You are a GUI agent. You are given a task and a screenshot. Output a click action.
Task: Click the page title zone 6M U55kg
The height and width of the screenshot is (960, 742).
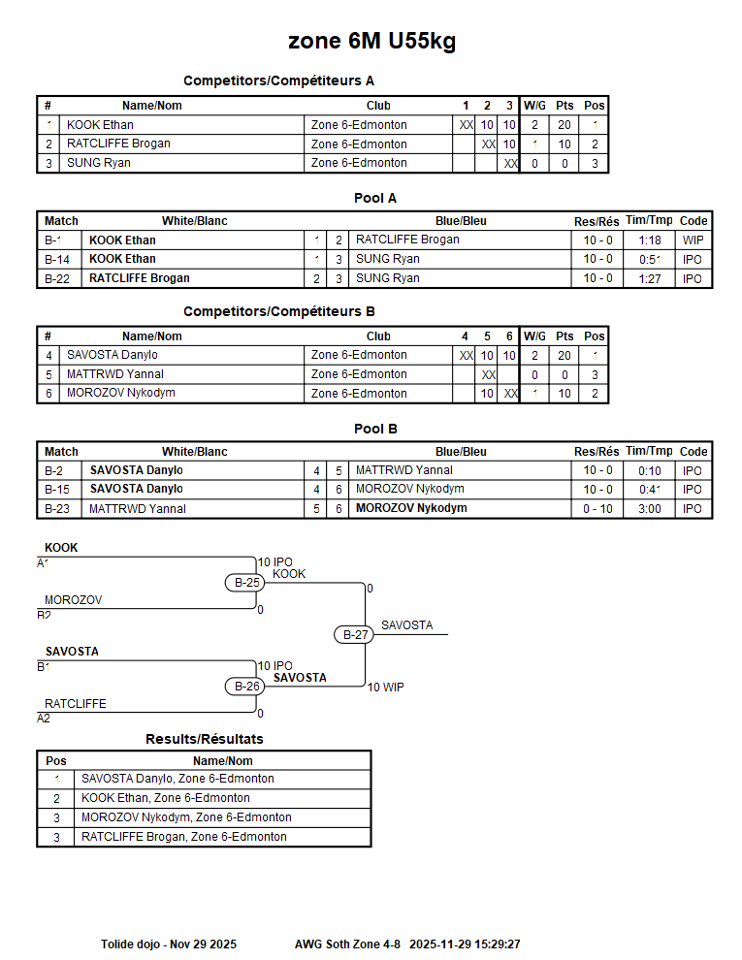(x=371, y=42)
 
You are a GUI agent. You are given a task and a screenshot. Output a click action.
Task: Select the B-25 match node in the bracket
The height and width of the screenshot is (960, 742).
(x=247, y=583)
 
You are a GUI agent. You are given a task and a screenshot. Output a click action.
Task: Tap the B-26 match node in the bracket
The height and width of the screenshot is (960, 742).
(x=247, y=687)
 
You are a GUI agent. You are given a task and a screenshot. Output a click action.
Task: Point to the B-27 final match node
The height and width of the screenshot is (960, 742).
(x=355, y=635)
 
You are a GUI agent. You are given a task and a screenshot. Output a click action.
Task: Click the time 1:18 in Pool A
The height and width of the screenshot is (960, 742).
(x=650, y=240)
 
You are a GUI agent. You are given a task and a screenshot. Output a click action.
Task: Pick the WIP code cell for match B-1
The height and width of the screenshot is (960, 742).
(x=693, y=240)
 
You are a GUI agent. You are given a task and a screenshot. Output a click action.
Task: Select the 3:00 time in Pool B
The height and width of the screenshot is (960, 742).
(x=650, y=509)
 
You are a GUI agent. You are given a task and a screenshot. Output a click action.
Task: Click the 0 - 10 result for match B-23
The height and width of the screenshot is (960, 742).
(x=597, y=509)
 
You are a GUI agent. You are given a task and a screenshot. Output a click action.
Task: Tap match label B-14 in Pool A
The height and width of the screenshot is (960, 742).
(x=58, y=259)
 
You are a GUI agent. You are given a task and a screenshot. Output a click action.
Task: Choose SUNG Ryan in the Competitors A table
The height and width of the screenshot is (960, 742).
(x=98, y=163)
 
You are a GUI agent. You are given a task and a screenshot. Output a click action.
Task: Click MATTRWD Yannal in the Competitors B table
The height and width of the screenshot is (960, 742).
(x=114, y=374)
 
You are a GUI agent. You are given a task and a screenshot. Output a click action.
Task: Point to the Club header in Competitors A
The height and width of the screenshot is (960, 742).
(x=378, y=106)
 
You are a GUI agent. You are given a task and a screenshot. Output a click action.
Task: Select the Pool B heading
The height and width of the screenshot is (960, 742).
(x=375, y=429)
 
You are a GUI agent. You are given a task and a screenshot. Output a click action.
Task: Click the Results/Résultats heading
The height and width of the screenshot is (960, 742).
(x=204, y=739)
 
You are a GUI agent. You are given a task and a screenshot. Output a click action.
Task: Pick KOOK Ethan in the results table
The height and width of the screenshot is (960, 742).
(x=165, y=798)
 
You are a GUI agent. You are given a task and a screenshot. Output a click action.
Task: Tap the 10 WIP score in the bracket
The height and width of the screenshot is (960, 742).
(x=385, y=688)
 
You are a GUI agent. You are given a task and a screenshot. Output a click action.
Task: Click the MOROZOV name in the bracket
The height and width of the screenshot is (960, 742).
(x=73, y=600)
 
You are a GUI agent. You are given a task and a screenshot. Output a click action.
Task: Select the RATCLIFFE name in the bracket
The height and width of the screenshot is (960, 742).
(x=76, y=704)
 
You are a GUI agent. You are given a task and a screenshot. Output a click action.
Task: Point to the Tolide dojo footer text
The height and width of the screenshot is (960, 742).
(x=169, y=944)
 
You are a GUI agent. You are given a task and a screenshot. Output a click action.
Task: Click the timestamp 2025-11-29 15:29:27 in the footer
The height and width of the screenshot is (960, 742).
(x=465, y=944)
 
